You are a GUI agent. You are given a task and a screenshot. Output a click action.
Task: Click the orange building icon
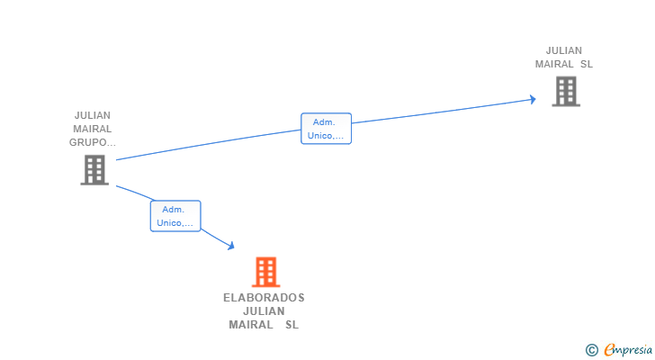tap(265, 271)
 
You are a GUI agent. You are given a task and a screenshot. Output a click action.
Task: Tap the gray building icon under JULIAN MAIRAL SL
tap(565, 91)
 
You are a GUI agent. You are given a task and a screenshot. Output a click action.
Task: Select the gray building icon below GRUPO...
tap(94, 169)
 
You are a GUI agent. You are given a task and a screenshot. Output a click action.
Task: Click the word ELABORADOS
tap(264, 298)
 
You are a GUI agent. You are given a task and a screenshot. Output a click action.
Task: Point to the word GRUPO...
tap(93, 142)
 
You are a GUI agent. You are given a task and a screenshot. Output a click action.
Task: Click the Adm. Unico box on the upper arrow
tap(326, 129)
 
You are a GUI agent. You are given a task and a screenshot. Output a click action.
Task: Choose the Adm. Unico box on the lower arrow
tap(175, 216)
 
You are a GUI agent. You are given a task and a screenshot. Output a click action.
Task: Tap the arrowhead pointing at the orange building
tap(231, 246)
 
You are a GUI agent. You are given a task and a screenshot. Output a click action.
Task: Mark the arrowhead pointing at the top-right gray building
tap(532, 99)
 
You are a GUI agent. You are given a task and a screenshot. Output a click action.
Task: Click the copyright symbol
tap(591, 349)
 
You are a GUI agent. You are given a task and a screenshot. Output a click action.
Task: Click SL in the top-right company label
tap(586, 64)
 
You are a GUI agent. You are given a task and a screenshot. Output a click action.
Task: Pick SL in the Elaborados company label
tap(292, 325)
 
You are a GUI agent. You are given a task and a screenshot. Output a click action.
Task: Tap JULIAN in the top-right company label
tap(564, 50)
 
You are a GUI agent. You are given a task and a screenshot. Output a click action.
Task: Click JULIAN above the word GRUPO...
tap(93, 115)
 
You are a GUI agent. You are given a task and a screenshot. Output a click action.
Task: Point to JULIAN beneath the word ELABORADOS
tap(264, 311)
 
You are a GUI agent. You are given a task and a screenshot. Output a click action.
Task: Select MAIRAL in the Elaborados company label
tap(251, 325)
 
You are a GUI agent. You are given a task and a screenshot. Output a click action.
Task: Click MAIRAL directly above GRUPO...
tap(93, 129)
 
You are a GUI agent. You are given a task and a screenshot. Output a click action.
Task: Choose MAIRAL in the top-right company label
tap(553, 64)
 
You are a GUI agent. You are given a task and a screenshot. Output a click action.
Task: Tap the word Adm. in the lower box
tap(174, 209)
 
